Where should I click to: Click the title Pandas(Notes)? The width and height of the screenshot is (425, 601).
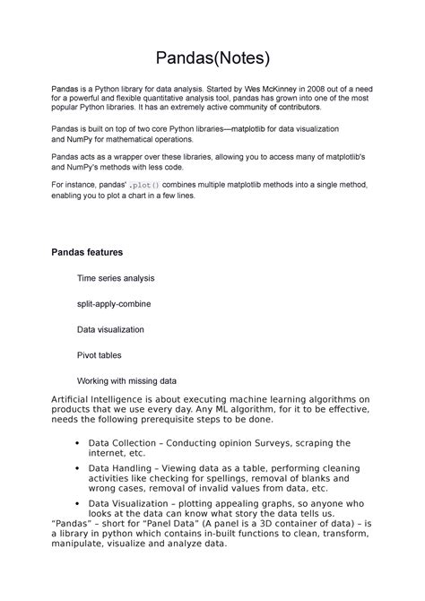coord(212,60)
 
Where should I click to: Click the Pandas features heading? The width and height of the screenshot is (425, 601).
coord(86,252)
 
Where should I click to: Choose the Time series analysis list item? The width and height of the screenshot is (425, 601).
coord(116,279)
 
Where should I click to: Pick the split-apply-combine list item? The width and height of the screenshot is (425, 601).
coord(114,304)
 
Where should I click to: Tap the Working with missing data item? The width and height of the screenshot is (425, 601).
coord(126,380)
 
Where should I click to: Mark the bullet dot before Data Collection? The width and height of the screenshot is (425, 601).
coord(79,443)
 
